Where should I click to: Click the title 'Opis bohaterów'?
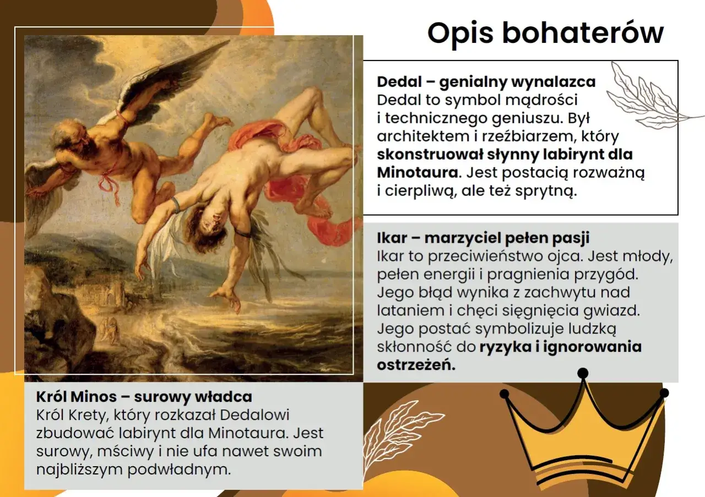click(x=545, y=33)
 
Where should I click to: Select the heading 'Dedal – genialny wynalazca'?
click(x=486, y=83)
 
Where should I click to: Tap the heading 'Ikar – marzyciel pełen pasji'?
click(x=483, y=238)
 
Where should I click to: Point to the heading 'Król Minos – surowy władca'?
click(x=144, y=397)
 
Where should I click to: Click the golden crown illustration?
click(x=584, y=435)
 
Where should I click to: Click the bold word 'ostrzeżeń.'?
click(x=416, y=365)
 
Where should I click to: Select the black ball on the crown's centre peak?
click(x=582, y=373)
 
